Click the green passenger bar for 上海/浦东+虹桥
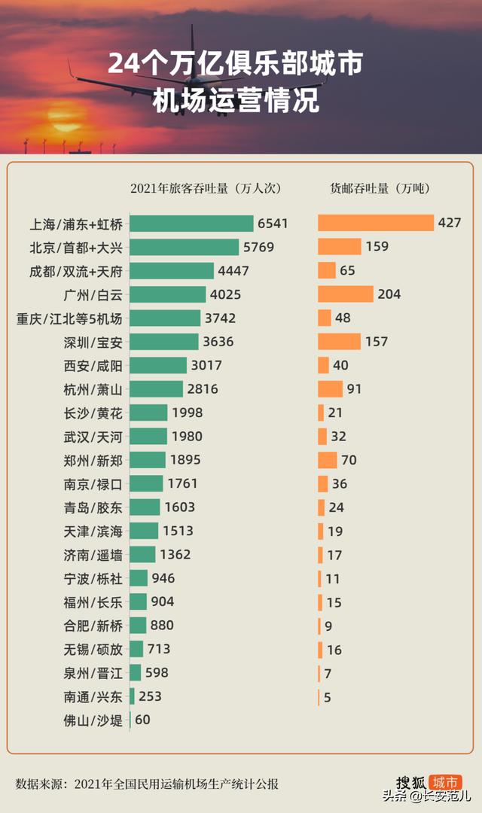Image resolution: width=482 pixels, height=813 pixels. click(191, 224)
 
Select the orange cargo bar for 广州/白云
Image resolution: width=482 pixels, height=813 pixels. click(345, 294)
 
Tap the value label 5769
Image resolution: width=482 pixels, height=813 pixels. click(258, 247)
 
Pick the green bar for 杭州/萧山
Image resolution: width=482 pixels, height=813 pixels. click(156, 389)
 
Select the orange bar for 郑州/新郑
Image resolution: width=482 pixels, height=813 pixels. click(327, 460)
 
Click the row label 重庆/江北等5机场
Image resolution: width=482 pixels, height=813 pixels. click(69, 318)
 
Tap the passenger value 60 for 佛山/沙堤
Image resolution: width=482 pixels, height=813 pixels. click(142, 720)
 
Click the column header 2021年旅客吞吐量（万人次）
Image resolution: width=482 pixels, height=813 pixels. click(205, 188)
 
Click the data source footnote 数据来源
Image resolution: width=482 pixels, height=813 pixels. click(147, 784)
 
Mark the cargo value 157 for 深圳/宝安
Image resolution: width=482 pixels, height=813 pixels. click(376, 342)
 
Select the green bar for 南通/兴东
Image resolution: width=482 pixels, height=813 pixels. click(132, 696)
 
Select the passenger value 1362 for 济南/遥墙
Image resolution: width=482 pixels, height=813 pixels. click(175, 555)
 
